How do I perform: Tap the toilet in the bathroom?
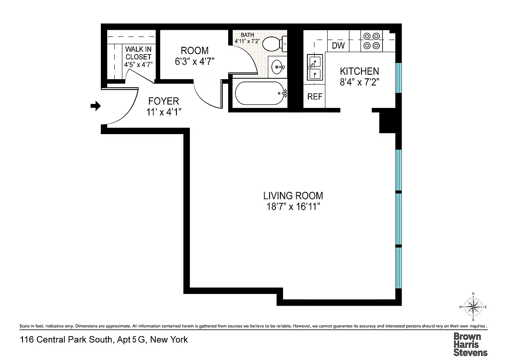tap(273, 44)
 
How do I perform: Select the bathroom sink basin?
tap(278, 68)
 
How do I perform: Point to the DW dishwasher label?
tap(338, 45)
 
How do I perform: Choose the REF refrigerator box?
tap(314, 97)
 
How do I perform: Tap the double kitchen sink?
tap(314, 67)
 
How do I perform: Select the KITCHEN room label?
tap(359, 71)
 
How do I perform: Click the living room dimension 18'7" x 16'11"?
tap(293, 207)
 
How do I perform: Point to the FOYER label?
tap(163, 101)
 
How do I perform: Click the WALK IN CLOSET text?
tap(139, 52)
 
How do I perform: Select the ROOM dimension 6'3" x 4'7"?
tap(195, 62)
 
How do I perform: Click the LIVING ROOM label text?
tap(293, 196)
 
